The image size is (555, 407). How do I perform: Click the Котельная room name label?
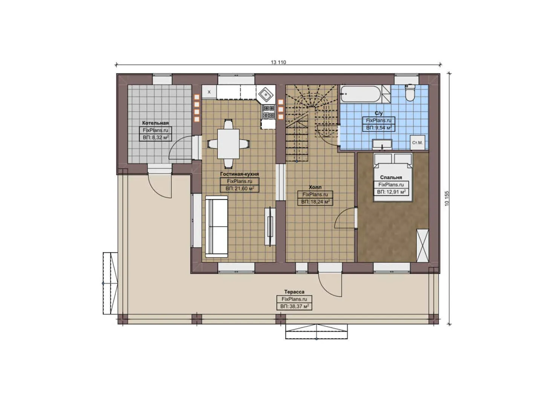[x=155, y=123]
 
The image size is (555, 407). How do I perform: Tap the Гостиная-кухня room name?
[x=239, y=174]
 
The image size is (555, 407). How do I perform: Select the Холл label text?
[x=315, y=187]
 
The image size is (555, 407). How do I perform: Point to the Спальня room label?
[x=391, y=177]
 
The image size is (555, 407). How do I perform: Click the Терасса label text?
[x=294, y=292]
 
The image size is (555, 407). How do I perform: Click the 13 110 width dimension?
[x=278, y=63]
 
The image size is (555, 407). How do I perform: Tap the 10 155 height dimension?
[x=447, y=198]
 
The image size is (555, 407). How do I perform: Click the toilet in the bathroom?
[x=410, y=93]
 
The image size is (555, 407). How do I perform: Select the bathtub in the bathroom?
[x=361, y=93]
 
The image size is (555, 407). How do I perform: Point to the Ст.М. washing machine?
[x=417, y=142]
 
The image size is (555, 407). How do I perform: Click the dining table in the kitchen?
[x=228, y=144]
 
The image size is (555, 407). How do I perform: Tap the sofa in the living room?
[x=216, y=226]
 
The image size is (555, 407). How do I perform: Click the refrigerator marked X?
[x=209, y=92]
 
